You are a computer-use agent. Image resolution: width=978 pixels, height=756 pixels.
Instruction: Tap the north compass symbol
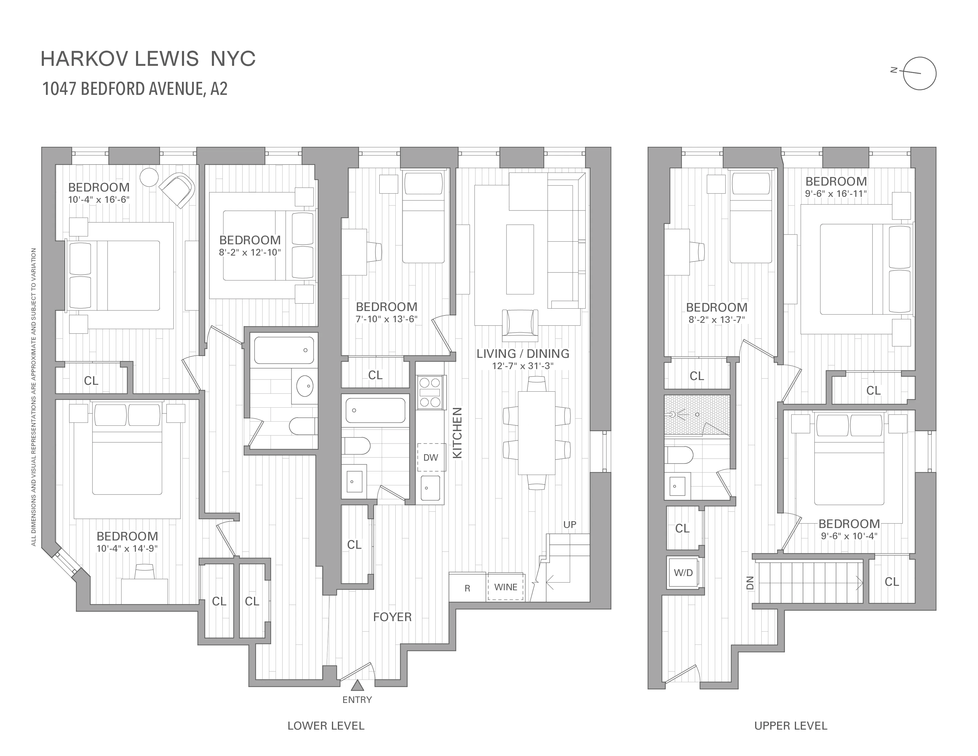pos(919,74)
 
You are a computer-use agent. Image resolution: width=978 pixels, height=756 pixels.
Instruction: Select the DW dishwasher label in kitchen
pos(431,457)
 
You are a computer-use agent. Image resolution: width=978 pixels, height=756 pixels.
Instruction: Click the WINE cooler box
pos(506,587)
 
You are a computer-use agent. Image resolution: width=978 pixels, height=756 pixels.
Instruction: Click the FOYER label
pos(392,617)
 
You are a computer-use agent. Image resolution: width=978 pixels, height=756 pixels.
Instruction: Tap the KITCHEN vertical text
pos(457,433)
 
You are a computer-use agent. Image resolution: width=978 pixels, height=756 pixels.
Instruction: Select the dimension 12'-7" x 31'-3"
pos(522,366)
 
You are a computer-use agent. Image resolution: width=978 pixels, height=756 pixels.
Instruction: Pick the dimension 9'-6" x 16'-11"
pos(836,194)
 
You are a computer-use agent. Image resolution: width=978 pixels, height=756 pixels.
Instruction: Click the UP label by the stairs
pos(570,524)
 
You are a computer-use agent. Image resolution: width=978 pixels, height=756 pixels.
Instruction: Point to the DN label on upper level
pos(750,583)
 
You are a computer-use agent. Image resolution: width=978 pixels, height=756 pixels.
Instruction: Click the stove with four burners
pos(430,392)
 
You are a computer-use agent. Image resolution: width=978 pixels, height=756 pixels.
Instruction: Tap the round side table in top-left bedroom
pos(149,177)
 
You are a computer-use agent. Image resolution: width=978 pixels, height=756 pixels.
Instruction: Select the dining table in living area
pos(536,433)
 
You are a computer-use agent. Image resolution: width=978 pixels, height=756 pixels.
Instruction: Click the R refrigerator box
pos(467,588)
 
